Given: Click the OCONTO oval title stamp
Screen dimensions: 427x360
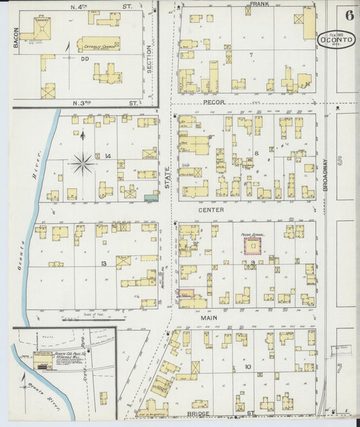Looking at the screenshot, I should click(337, 40).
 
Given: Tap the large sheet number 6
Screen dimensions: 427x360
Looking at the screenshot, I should click(349, 15).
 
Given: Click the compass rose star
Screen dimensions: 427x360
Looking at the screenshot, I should click(82, 161).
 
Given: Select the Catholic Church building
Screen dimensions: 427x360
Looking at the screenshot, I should click(99, 45).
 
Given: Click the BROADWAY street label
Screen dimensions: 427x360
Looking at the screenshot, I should click(326, 174).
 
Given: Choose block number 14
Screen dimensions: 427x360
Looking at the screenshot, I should click(107, 156).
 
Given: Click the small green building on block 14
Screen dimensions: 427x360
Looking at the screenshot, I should click(150, 198).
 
